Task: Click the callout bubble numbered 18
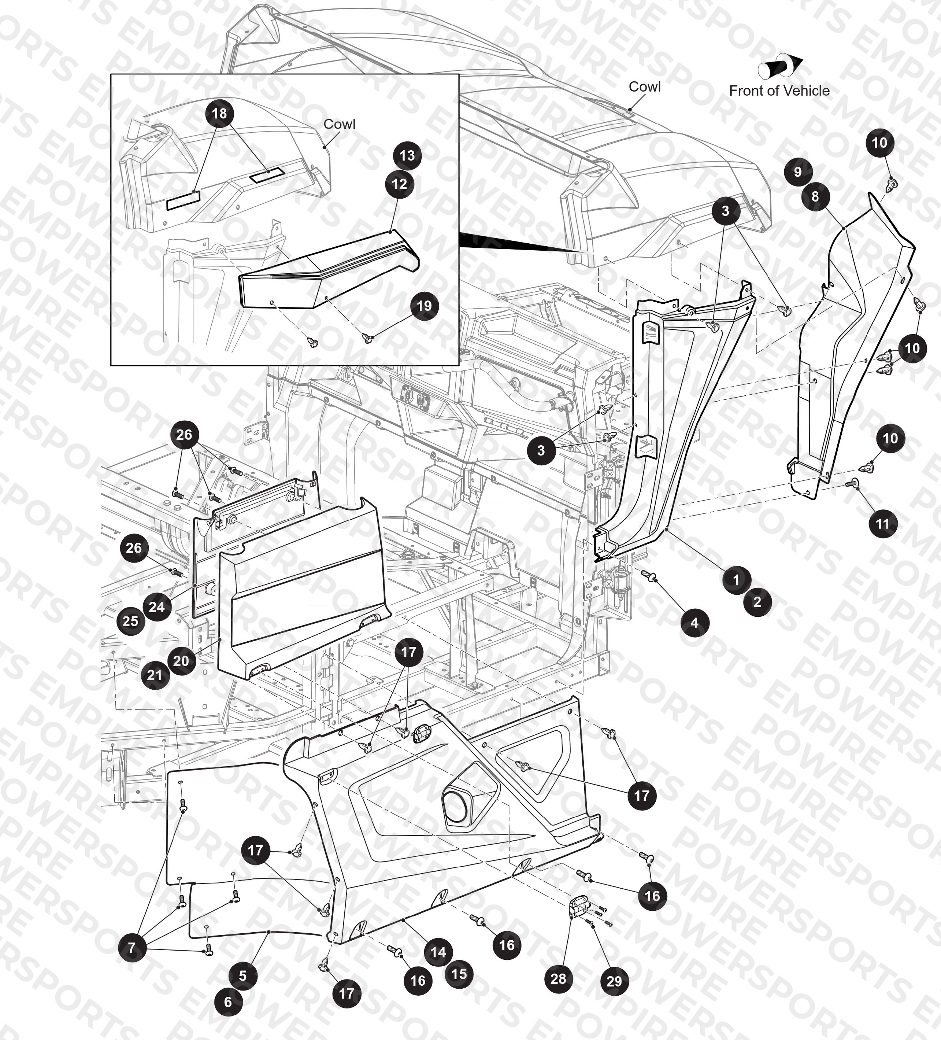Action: click(x=220, y=114)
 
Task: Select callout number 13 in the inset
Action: click(x=407, y=155)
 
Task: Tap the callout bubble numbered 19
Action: click(x=424, y=306)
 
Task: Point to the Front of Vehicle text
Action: click(x=779, y=91)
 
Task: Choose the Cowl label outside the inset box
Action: click(x=645, y=86)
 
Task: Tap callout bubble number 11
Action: click(x=883, y=524)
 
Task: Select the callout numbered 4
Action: click(x=694, y=623)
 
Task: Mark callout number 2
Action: click(x=757, y=601)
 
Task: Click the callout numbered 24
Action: click(x=157, y=607)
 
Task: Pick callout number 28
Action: click(x=559, y=978)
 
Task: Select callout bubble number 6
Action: click(x=228, y=1002)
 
